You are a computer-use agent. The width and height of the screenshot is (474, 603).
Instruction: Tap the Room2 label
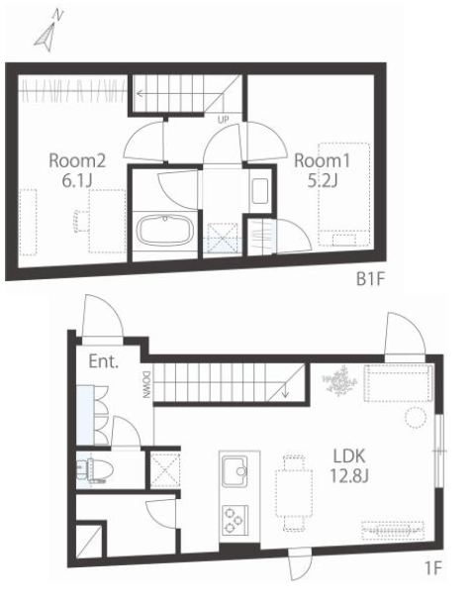(x=77, y=160)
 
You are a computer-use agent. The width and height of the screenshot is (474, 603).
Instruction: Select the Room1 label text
(x=323, y=160)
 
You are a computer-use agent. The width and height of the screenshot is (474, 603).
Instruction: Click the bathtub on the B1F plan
(x=165, y=230)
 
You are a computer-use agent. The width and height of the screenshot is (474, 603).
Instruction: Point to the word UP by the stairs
(x=224, y=120)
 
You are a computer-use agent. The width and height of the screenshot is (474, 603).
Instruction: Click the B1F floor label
(x=370, y=279)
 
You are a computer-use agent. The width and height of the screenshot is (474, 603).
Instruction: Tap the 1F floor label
(x=434, y=568)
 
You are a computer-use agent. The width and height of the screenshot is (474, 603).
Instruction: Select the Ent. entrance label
(x=103, y=361)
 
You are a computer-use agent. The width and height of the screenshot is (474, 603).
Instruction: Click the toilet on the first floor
(x=95, y=470)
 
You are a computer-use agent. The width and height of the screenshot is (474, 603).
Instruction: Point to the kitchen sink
(x=235, y=471)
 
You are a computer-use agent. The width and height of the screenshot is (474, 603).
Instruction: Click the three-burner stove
(x=235, y=520)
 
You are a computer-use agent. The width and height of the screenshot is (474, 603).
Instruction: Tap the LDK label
(x=349, y=456)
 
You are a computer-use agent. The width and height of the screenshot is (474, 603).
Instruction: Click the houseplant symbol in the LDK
(x=339, y=381)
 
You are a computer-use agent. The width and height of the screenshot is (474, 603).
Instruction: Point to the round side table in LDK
(x=416, y=418)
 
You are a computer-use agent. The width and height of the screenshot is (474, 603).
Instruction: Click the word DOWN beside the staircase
(x=146, y=384)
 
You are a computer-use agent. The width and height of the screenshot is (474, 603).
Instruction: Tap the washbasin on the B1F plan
(x=260, y=191)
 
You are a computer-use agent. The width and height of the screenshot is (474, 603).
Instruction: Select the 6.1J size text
(x=77, y=180)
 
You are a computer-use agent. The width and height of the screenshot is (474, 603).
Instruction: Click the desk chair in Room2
(x=81, y=221)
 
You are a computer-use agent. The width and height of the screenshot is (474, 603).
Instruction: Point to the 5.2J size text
(x=323, y=180)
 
